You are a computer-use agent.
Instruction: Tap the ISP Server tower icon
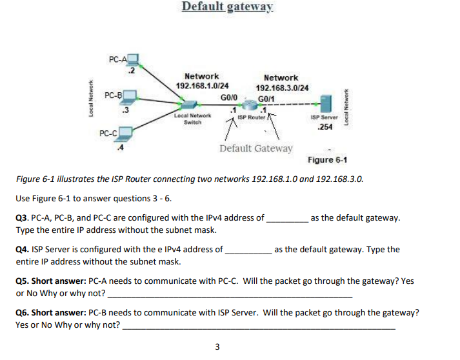(x=326, y=103)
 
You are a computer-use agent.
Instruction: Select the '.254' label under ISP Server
(x=326, y=127)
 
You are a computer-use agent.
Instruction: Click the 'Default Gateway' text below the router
(x=255, y=148)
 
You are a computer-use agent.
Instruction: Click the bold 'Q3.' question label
(x=23, y=218)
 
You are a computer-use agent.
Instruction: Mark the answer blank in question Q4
(x=248, y=250)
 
